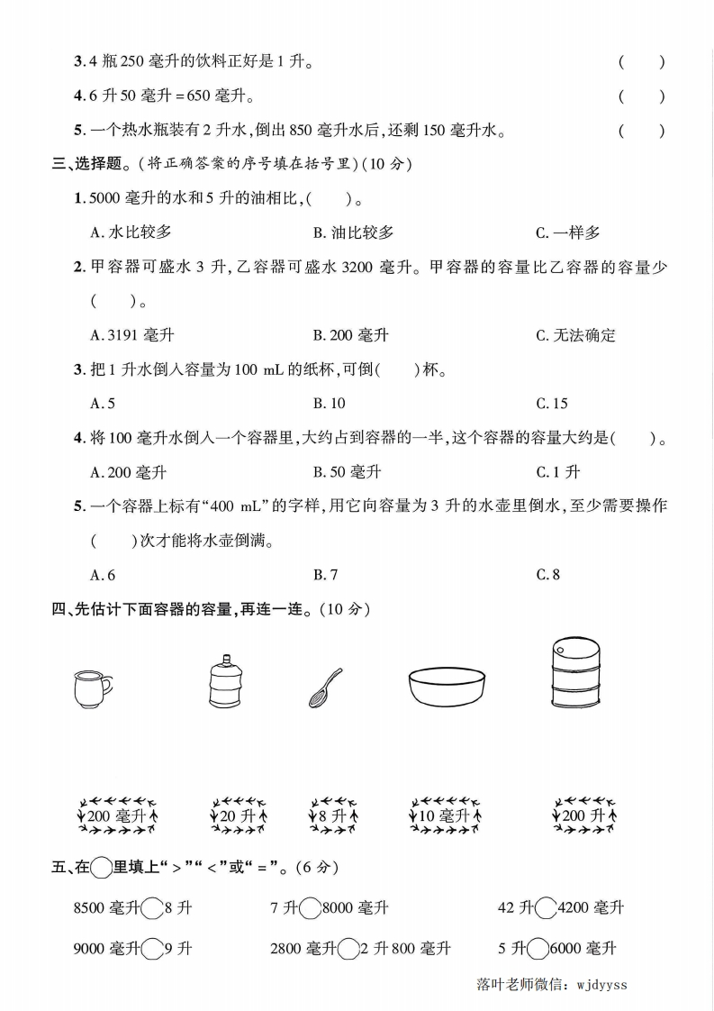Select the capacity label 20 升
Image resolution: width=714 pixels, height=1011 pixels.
pos(238,816)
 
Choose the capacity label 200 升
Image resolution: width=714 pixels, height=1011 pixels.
pos(585,816)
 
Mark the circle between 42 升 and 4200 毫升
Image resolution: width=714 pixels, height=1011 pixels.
pos(545,908)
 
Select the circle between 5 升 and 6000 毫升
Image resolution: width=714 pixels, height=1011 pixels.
pos(538,949)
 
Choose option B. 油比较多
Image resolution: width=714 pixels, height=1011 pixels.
pos(353,232)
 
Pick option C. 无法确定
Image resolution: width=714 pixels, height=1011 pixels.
pos(575,335)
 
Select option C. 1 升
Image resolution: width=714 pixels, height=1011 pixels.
pos(557,471)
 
